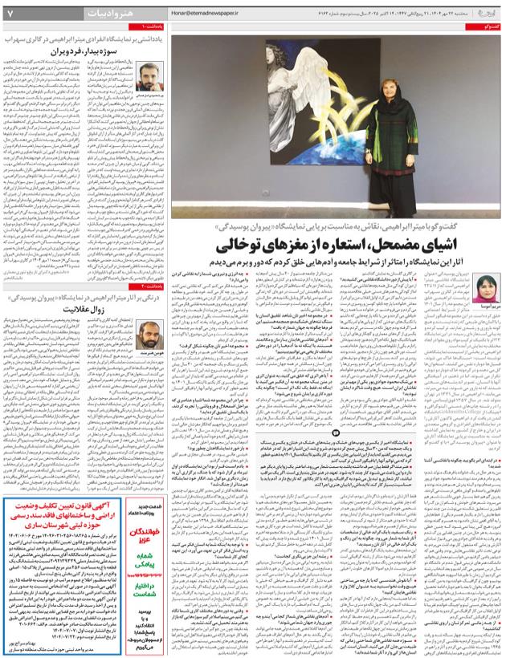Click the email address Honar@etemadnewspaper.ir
pyautogui.click(x=205, y=14)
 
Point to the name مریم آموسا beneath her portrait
pyautogui.click(x=487, y=307)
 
